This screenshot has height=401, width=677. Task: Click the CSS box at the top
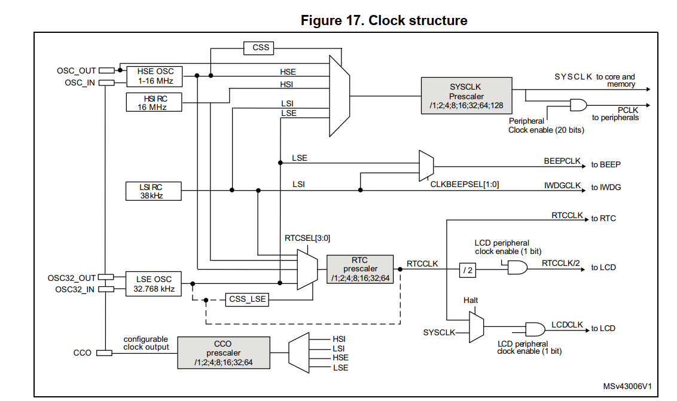tap(261, 47)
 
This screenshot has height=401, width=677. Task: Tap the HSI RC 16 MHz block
tap(154, 102)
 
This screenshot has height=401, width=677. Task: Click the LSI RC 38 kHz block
tap(154, 191)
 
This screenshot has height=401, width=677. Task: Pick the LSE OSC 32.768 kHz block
tap(154, 283)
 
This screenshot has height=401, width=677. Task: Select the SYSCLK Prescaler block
tap(466, 96)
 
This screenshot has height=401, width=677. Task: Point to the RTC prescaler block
tap(360, 269)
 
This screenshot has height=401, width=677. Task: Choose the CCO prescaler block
tap(223, 353)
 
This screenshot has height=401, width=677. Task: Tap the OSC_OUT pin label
tap(76, 71)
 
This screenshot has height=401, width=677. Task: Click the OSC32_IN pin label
tap(75, 289)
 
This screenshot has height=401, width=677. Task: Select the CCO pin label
tap(83, 353)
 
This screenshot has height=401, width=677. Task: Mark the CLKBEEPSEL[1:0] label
tap(464, 185)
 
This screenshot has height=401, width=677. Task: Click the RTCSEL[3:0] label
tap(307, 238)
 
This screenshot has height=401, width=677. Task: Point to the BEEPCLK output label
tap(562, 161)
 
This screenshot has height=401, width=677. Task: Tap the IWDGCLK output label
tap(562, 186)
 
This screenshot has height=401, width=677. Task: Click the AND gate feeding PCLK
tap(578, 105)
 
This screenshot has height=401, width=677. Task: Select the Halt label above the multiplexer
tap(471, 300)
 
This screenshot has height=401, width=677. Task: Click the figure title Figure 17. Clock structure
tap(383, 20)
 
